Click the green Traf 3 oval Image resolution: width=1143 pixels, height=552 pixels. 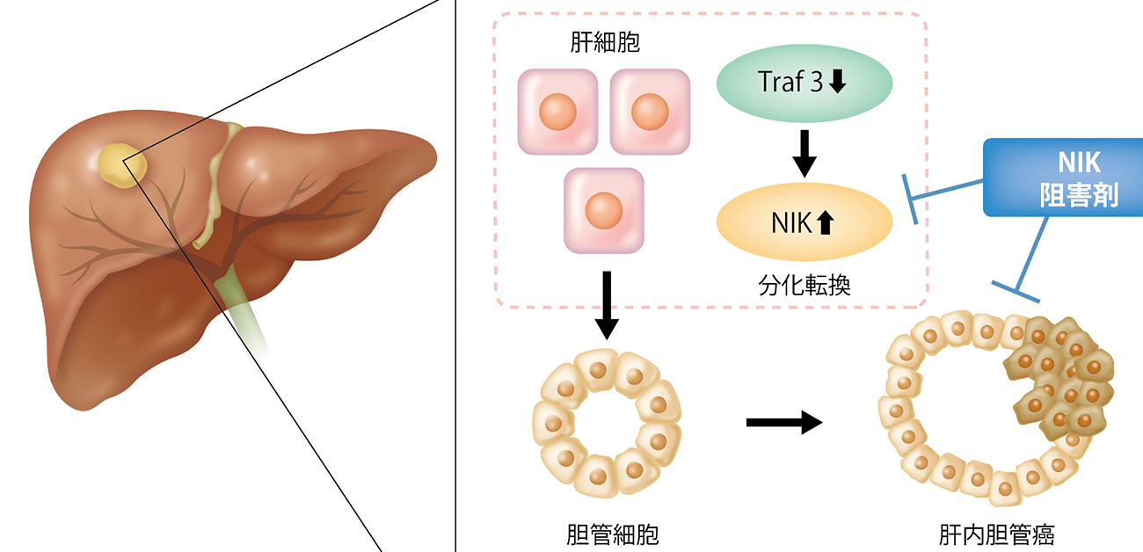click(804, 82)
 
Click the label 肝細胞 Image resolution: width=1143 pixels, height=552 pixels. click(604, 43)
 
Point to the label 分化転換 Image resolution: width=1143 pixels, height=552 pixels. click(804, 284)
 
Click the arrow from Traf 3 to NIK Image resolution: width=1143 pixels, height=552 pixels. click(804, 153)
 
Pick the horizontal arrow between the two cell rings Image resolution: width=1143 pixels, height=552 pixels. click(783, 423)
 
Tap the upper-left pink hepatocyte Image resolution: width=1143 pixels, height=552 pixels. click(557, 111)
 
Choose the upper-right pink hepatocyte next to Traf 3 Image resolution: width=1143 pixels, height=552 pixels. click(650, 111)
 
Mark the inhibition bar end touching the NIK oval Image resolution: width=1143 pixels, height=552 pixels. click(911, 198)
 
